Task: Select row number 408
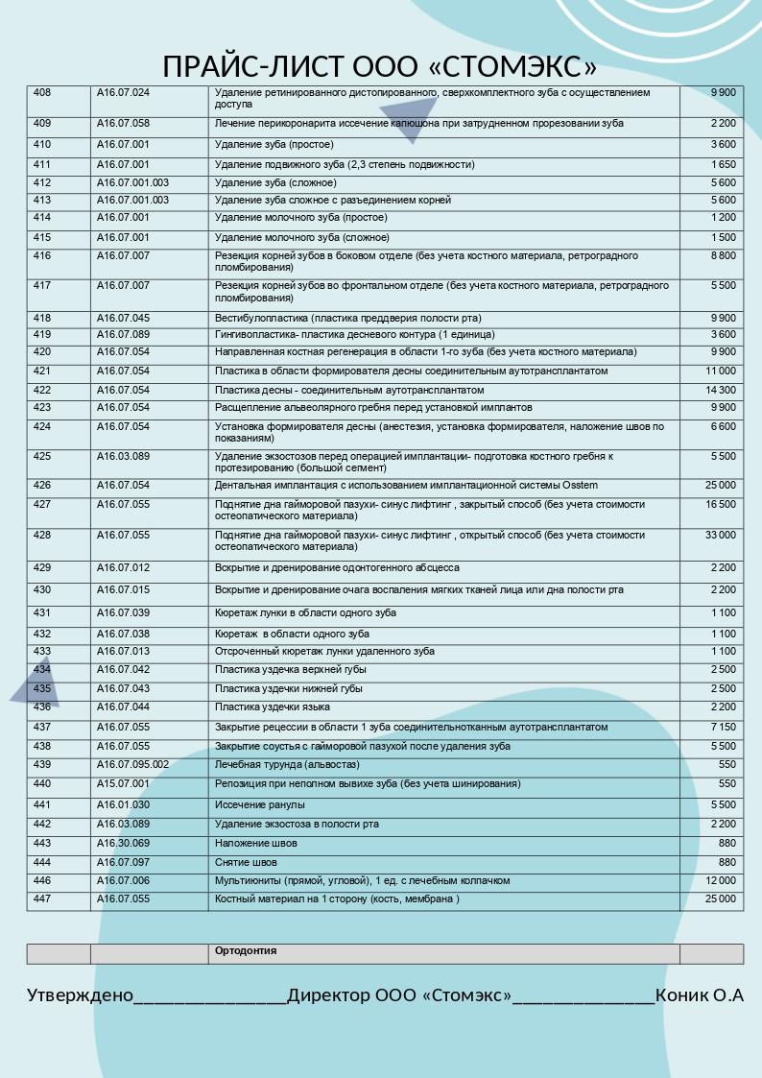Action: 42,93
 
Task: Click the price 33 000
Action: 721,535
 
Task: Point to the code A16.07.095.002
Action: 132,765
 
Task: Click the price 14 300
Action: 721,391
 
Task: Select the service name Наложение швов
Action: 256,844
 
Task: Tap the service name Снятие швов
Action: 246,863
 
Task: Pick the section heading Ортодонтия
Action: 246,951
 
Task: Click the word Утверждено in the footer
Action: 80,995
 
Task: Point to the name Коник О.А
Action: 700,995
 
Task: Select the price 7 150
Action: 724,728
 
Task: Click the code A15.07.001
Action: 123,784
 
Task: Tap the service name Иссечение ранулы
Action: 260,805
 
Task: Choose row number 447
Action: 42,899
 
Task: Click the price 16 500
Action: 721,505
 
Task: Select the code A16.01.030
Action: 123,805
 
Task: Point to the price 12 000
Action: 721,881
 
